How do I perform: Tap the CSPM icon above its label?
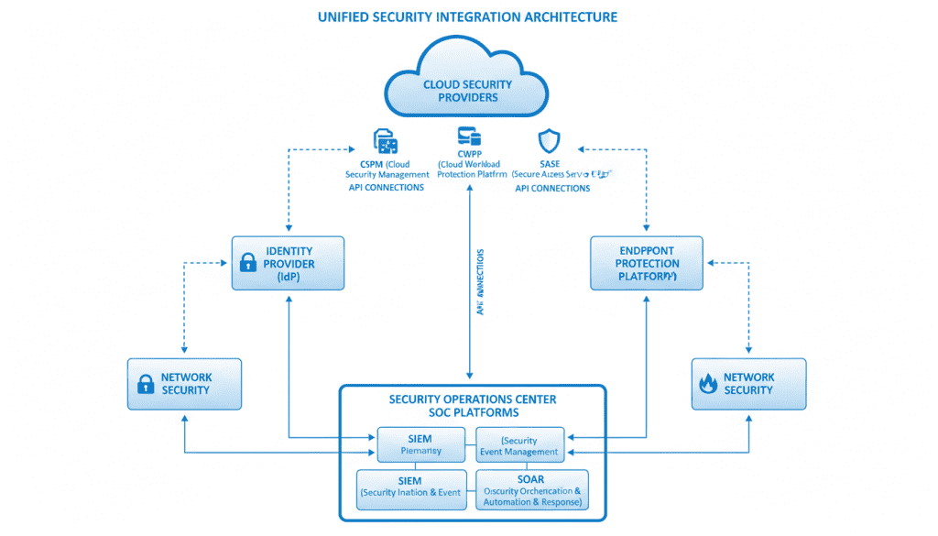pos(387,141)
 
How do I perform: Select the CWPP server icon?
pos(469,137)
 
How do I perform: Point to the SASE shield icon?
pos(549,141)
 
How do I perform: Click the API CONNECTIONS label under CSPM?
pos(387,188)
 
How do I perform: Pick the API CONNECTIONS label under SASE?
pos(552,188)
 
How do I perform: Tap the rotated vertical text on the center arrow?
pos(480,282)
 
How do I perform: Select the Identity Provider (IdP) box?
pos(288,263)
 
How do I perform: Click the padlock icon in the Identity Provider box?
pos(248,264)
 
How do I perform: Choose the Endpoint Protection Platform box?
pos(647,263)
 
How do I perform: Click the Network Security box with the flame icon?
pos(748,383)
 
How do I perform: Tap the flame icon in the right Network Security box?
pos(707,384)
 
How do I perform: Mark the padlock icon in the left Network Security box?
pos(146,384)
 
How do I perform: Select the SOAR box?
pos(531,490)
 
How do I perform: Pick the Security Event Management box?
pos(518,445)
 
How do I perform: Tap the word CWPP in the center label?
pos(469,152)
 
